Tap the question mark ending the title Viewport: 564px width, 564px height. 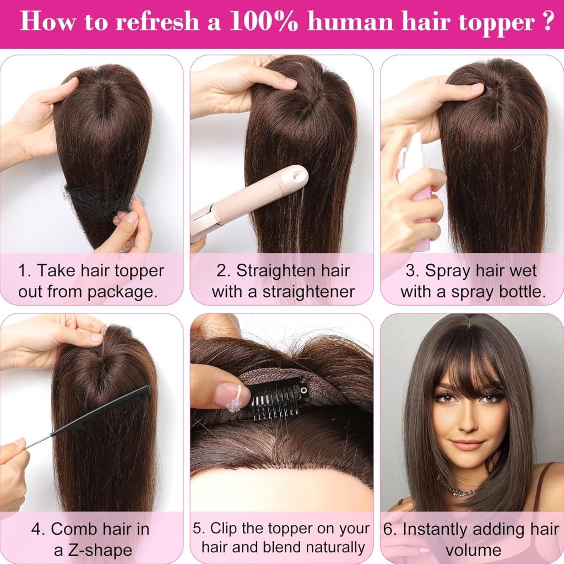[544, 21]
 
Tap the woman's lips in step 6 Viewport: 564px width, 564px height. [469, 443]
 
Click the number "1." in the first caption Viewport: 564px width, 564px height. [25, 270]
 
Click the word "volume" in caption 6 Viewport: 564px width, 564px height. [473, 550]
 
